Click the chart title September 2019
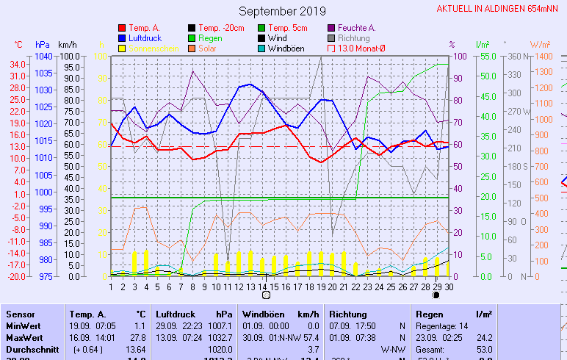[282, 11]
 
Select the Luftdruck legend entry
[143, 37]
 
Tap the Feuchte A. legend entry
[356, 28]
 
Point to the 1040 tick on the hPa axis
[43, 57]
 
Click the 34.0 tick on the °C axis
[18, 65]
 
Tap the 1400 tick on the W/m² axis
[543, 57]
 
